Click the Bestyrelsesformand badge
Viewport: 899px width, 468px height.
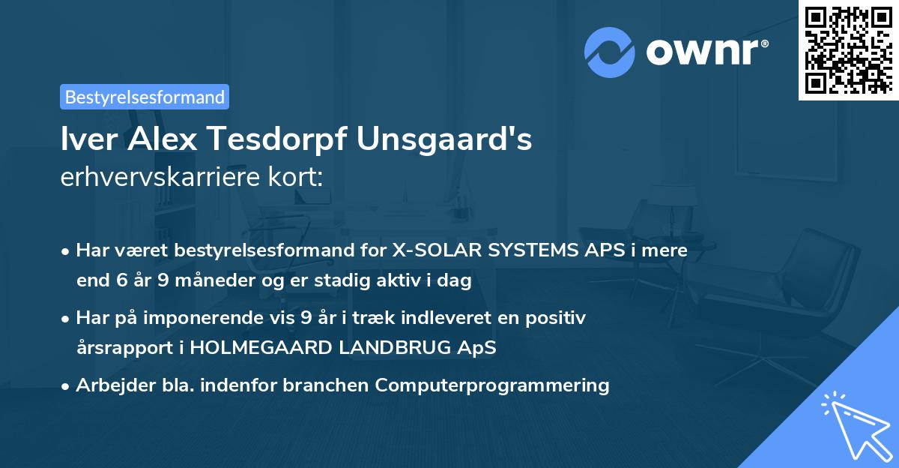[145, 97]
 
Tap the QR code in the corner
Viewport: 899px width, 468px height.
[848, 49]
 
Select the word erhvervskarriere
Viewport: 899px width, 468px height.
[163, 177]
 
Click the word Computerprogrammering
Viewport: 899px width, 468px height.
[492, 385]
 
